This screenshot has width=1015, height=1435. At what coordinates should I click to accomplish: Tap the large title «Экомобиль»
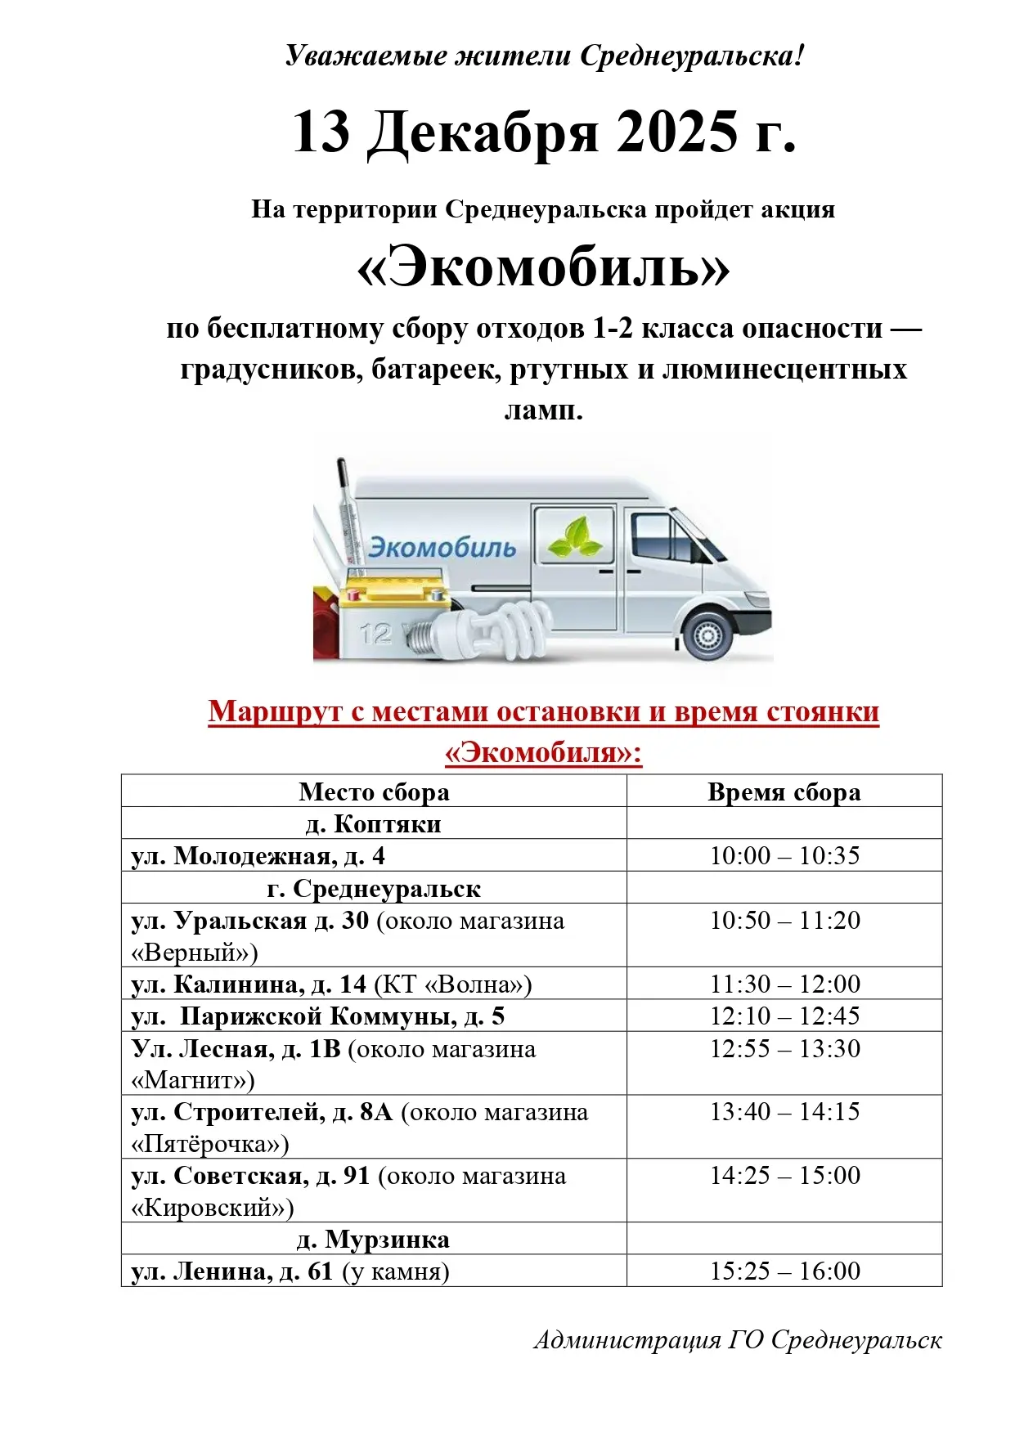click(544, 269)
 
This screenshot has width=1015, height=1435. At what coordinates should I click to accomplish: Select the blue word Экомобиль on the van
click(442, 547)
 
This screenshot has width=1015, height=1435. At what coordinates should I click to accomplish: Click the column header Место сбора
click(374, 791)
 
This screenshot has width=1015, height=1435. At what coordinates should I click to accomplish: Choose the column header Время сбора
click(784, 791)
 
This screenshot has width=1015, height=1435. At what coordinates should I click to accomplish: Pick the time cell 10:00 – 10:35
click(784, 855)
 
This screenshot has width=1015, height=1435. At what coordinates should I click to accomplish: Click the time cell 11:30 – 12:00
click(784, 984)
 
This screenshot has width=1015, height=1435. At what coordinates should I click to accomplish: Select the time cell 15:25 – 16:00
click(784, 1271)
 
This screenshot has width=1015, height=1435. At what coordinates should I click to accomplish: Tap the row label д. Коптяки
click(374, 823)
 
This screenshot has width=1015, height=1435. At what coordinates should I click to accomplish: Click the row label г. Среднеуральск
click(374, 888)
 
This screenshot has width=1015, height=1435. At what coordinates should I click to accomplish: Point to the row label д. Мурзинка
click(374, 1239)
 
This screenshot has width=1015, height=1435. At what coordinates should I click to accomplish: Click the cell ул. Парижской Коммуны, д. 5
click(319, 1016)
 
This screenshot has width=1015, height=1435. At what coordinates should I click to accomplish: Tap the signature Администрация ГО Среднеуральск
click(738, 1340)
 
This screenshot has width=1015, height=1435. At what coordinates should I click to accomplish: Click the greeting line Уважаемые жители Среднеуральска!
click(545, 56)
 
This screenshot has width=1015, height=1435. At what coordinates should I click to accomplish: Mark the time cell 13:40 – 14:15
click(784, 1111)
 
